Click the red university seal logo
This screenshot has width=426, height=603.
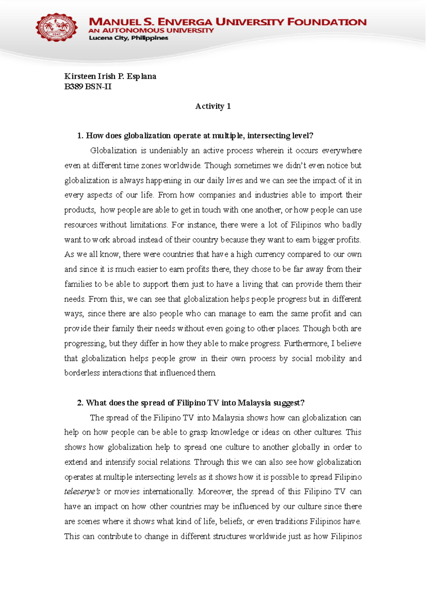pyautogui.click(x=56, y=27)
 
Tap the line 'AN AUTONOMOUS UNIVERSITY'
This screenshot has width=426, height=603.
pyautogui.click(x=151, y=31)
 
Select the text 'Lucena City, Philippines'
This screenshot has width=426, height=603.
pyautogui.click(x=128, y=38)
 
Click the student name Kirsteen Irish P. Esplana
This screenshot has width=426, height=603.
pyautogui.click(x=110, y=76)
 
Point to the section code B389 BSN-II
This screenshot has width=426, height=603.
pyautogui.click(x=88, y=87)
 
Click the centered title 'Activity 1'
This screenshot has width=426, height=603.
pyautogui.click(x=213, y=106)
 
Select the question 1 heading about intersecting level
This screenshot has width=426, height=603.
pyautogui.click(x=195, y=136)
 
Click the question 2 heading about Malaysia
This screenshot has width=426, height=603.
pyautogui.click(x=191, y=403)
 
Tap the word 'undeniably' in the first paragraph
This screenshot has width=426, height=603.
pyautogui.click(x=168, y=151)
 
